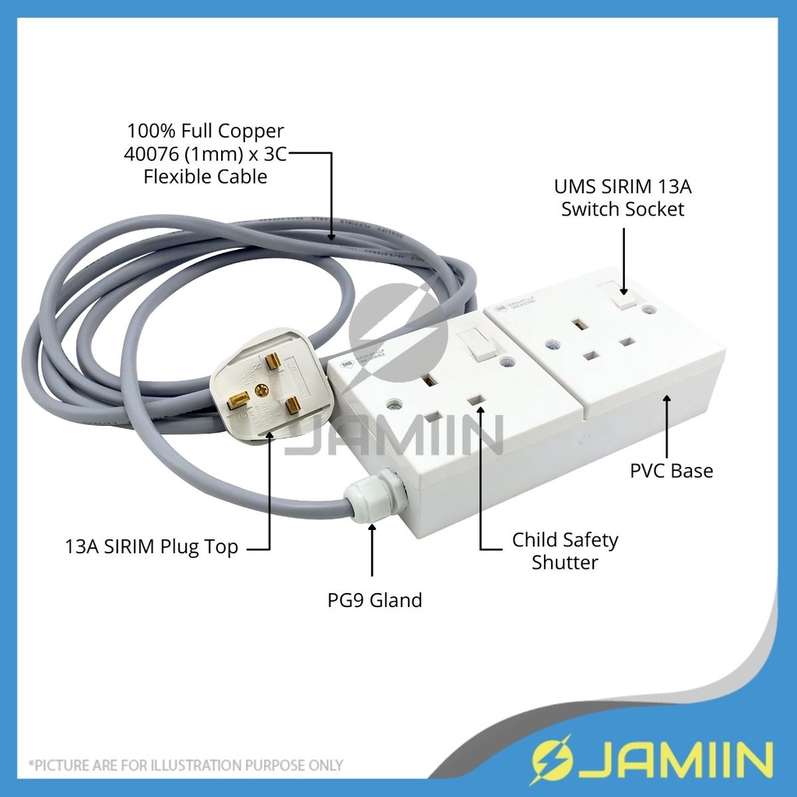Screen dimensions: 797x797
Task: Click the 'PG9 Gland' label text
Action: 374,600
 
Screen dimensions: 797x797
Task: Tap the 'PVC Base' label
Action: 671,470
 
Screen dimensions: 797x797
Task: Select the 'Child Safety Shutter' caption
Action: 564,550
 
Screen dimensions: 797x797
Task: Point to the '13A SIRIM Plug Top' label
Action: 152,547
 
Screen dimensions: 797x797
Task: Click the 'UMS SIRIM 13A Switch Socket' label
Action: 623,198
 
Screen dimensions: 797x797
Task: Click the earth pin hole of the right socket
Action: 579,321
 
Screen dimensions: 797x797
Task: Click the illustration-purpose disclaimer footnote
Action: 186,765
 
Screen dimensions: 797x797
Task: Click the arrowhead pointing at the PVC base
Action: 668,398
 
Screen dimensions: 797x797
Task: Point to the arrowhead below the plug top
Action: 270,435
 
